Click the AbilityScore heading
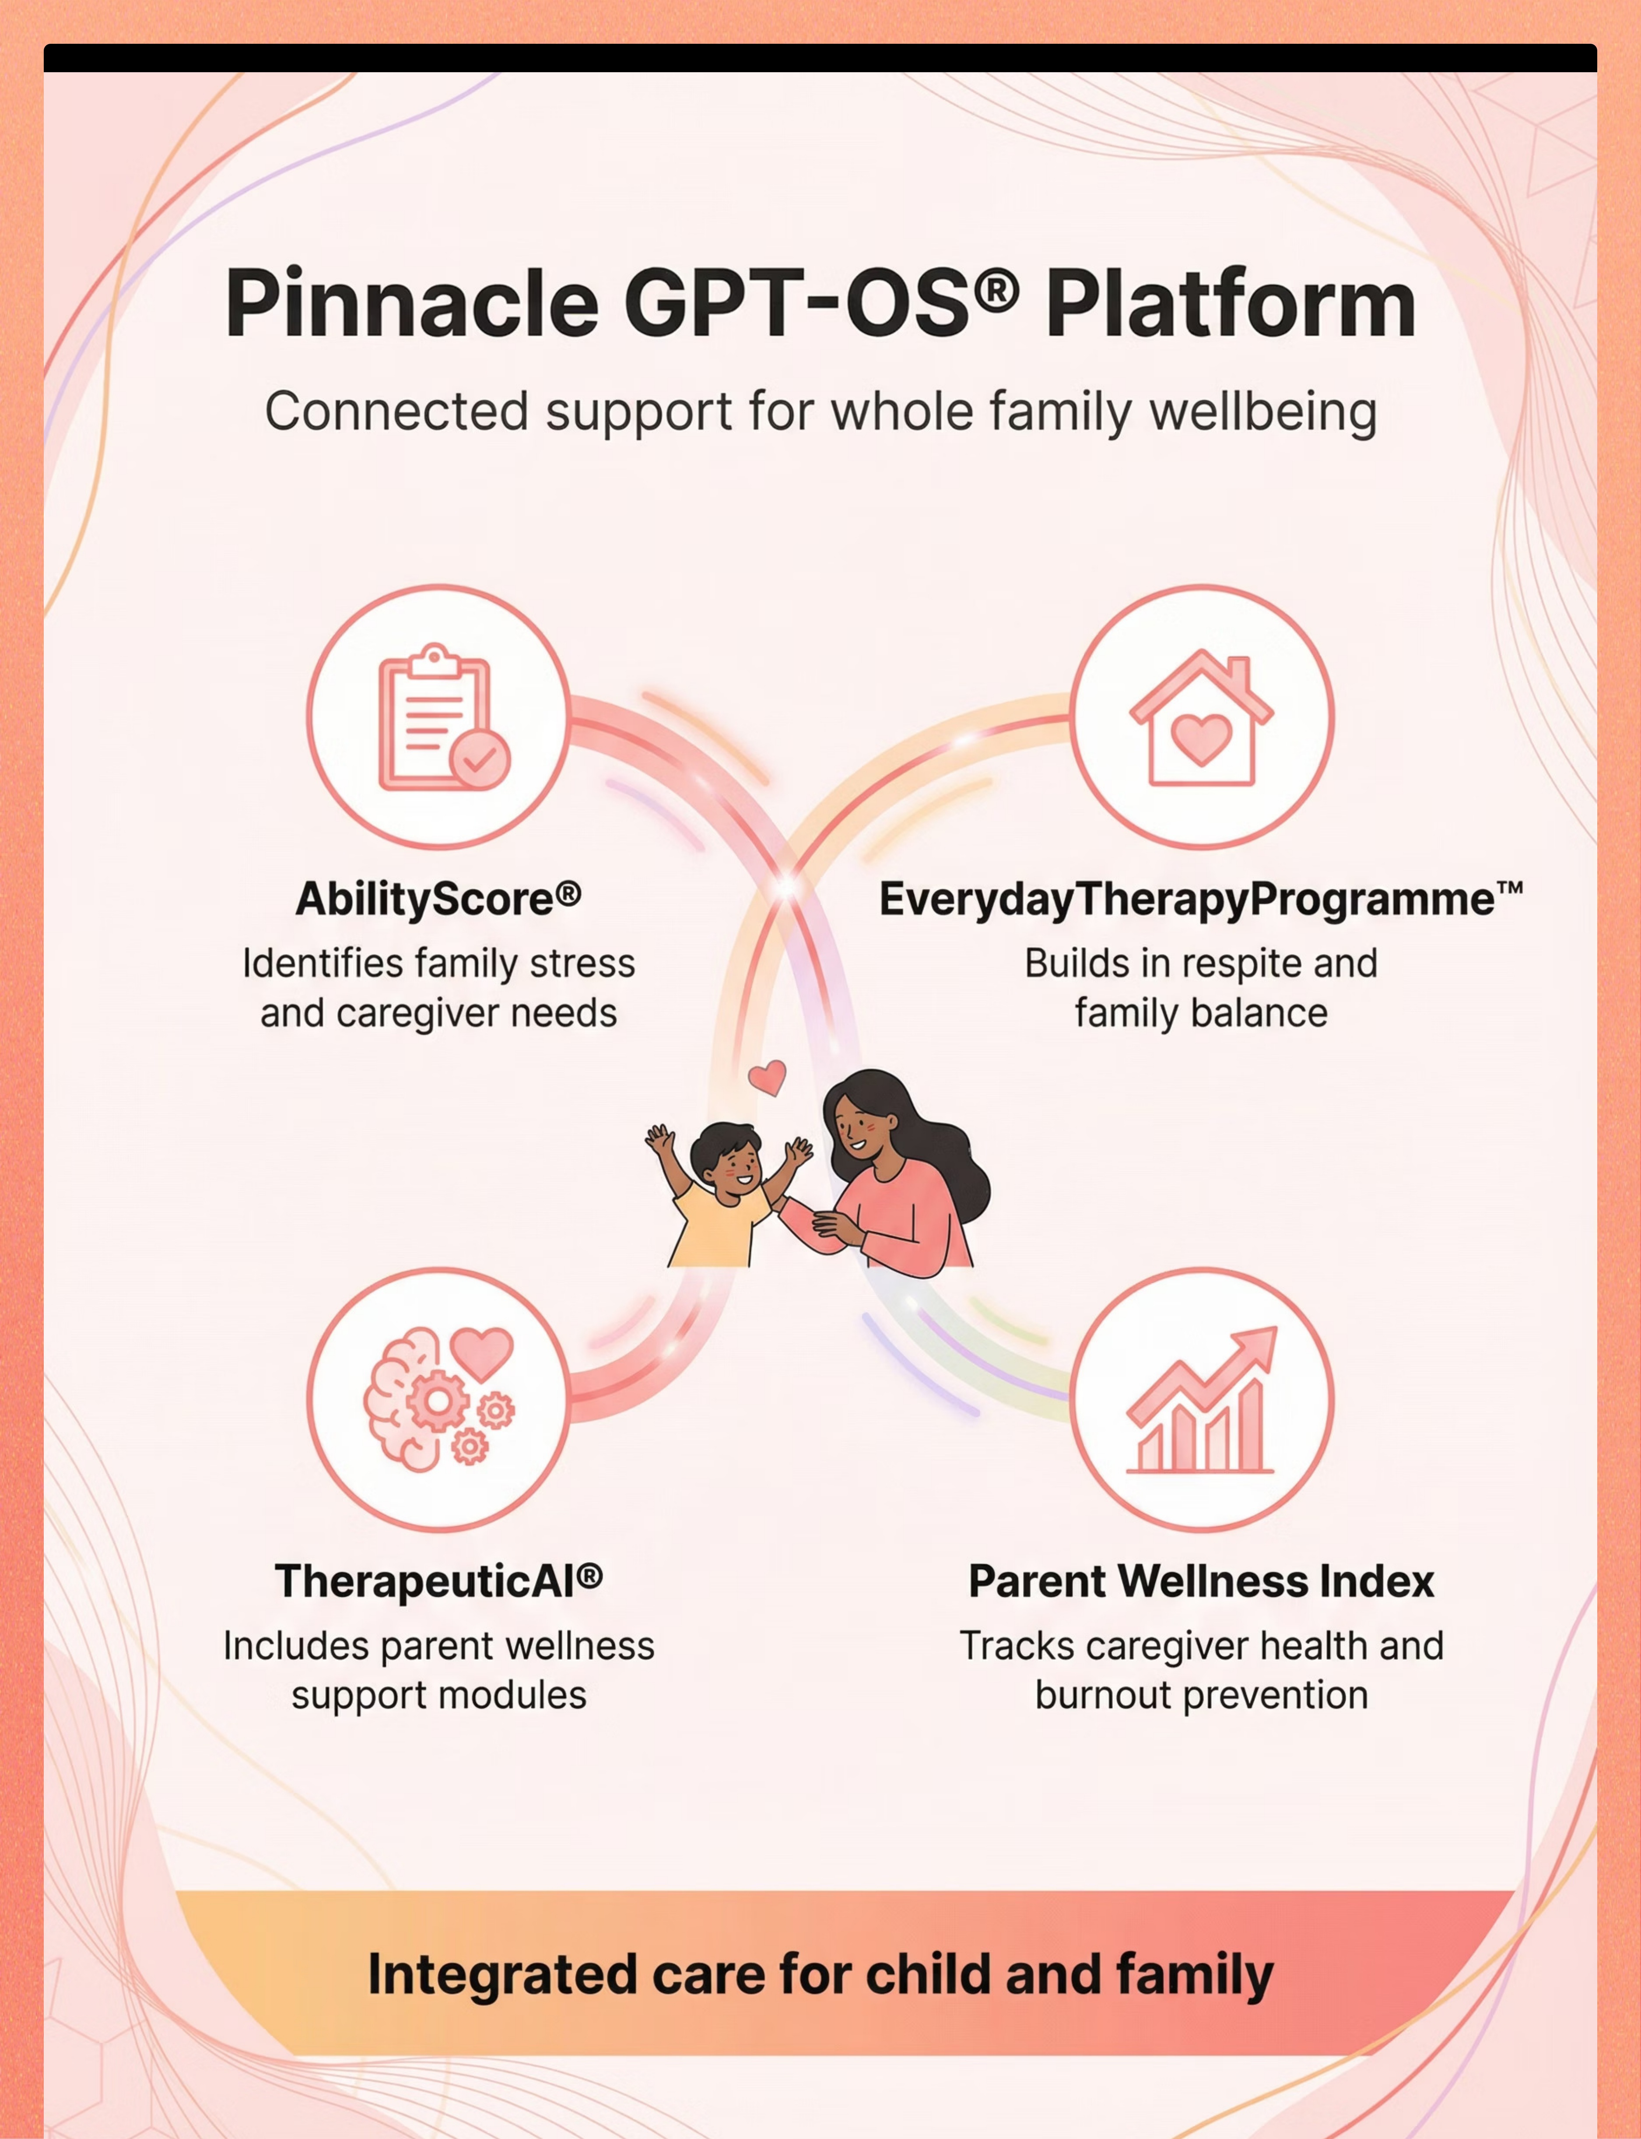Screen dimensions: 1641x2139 tap(438, 899)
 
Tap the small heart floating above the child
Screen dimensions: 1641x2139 tap(767, 1077)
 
